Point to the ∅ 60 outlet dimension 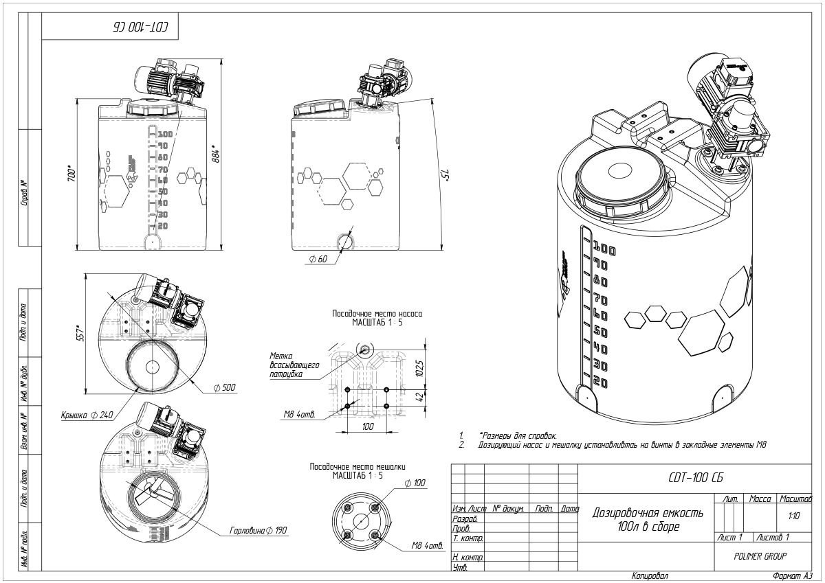tap(318, 260)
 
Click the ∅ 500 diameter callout tap(224, 388)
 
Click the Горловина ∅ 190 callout tap(258, 531)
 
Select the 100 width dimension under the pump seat tap(367, 426)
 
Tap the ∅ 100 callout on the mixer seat tap(415, 483)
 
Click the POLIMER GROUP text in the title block tap(760, 556)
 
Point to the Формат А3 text tap(793, 576)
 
